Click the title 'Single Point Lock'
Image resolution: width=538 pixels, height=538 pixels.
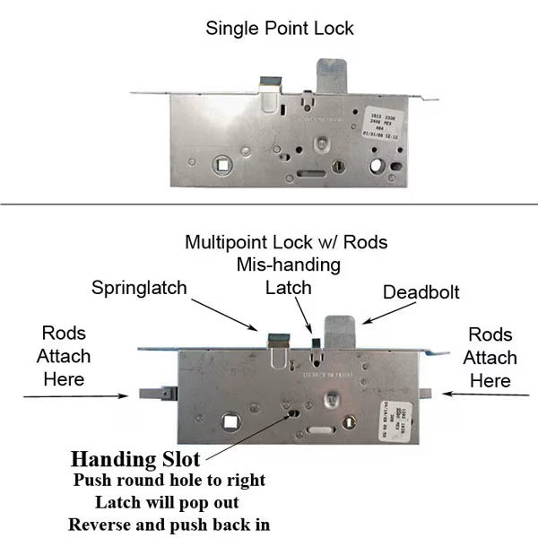[280, 28]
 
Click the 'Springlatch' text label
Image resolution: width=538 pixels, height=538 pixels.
[140, 288]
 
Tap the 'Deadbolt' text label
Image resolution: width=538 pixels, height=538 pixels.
[420, 292]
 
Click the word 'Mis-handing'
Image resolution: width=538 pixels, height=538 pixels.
[287, 265]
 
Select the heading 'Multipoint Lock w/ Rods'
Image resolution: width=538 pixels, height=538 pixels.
[286, 242]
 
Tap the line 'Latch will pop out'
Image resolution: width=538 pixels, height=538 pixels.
[169, 502]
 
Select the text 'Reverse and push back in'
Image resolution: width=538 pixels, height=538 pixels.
[169, 524]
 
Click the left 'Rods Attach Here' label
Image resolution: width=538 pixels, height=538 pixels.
[64, 356]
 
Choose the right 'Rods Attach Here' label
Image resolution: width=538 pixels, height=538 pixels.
[490, 358]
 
